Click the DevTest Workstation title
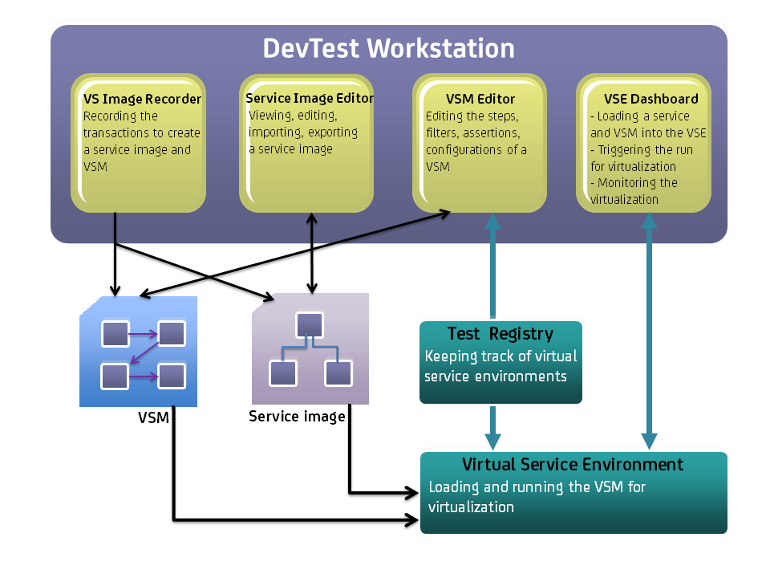[x=388, y=48]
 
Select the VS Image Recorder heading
[x=142, y=99]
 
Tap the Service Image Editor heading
[x=310, y=98]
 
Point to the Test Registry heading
[x=500, y=333]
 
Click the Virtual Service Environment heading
[x=573, y=464]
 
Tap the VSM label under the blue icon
[x=153, y=419]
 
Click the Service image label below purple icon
[x=297, y=416]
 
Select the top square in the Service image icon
[x=310, y=325]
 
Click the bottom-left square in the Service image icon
[x=282, y=373]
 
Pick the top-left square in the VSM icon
[x=115, y=333]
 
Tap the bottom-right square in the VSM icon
[x=172, y=376]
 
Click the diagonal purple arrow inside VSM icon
[x=143, y=354]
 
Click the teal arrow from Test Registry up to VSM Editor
[x=492, y=265]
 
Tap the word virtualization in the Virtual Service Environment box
[x=471, y=507]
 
